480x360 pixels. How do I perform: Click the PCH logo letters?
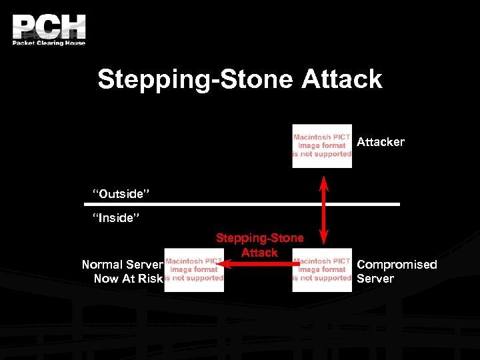pos(49,27)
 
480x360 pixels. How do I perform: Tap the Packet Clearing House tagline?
pos(49,43)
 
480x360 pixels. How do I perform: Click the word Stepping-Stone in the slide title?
pos(195,79)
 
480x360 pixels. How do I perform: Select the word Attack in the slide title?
pos(342,79)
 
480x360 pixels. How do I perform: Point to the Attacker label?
pos(381,142)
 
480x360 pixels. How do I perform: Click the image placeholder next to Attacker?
pos(322,145)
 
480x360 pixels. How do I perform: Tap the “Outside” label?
pos(121,194)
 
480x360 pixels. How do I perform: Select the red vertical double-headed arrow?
pos(324,209)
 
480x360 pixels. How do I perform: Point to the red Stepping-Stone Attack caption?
pos(259,245)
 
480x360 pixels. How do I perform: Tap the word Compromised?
pos(397,265)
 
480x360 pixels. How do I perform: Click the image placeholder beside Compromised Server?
pos(322,269)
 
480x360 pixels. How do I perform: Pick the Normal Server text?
pos(122,265)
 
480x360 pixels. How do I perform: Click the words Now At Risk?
pos(128,279)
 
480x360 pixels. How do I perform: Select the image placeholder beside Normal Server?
pos(194,269)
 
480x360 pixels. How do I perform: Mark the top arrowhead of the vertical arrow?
pos(324,181)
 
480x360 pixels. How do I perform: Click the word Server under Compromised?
pos(375,279)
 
